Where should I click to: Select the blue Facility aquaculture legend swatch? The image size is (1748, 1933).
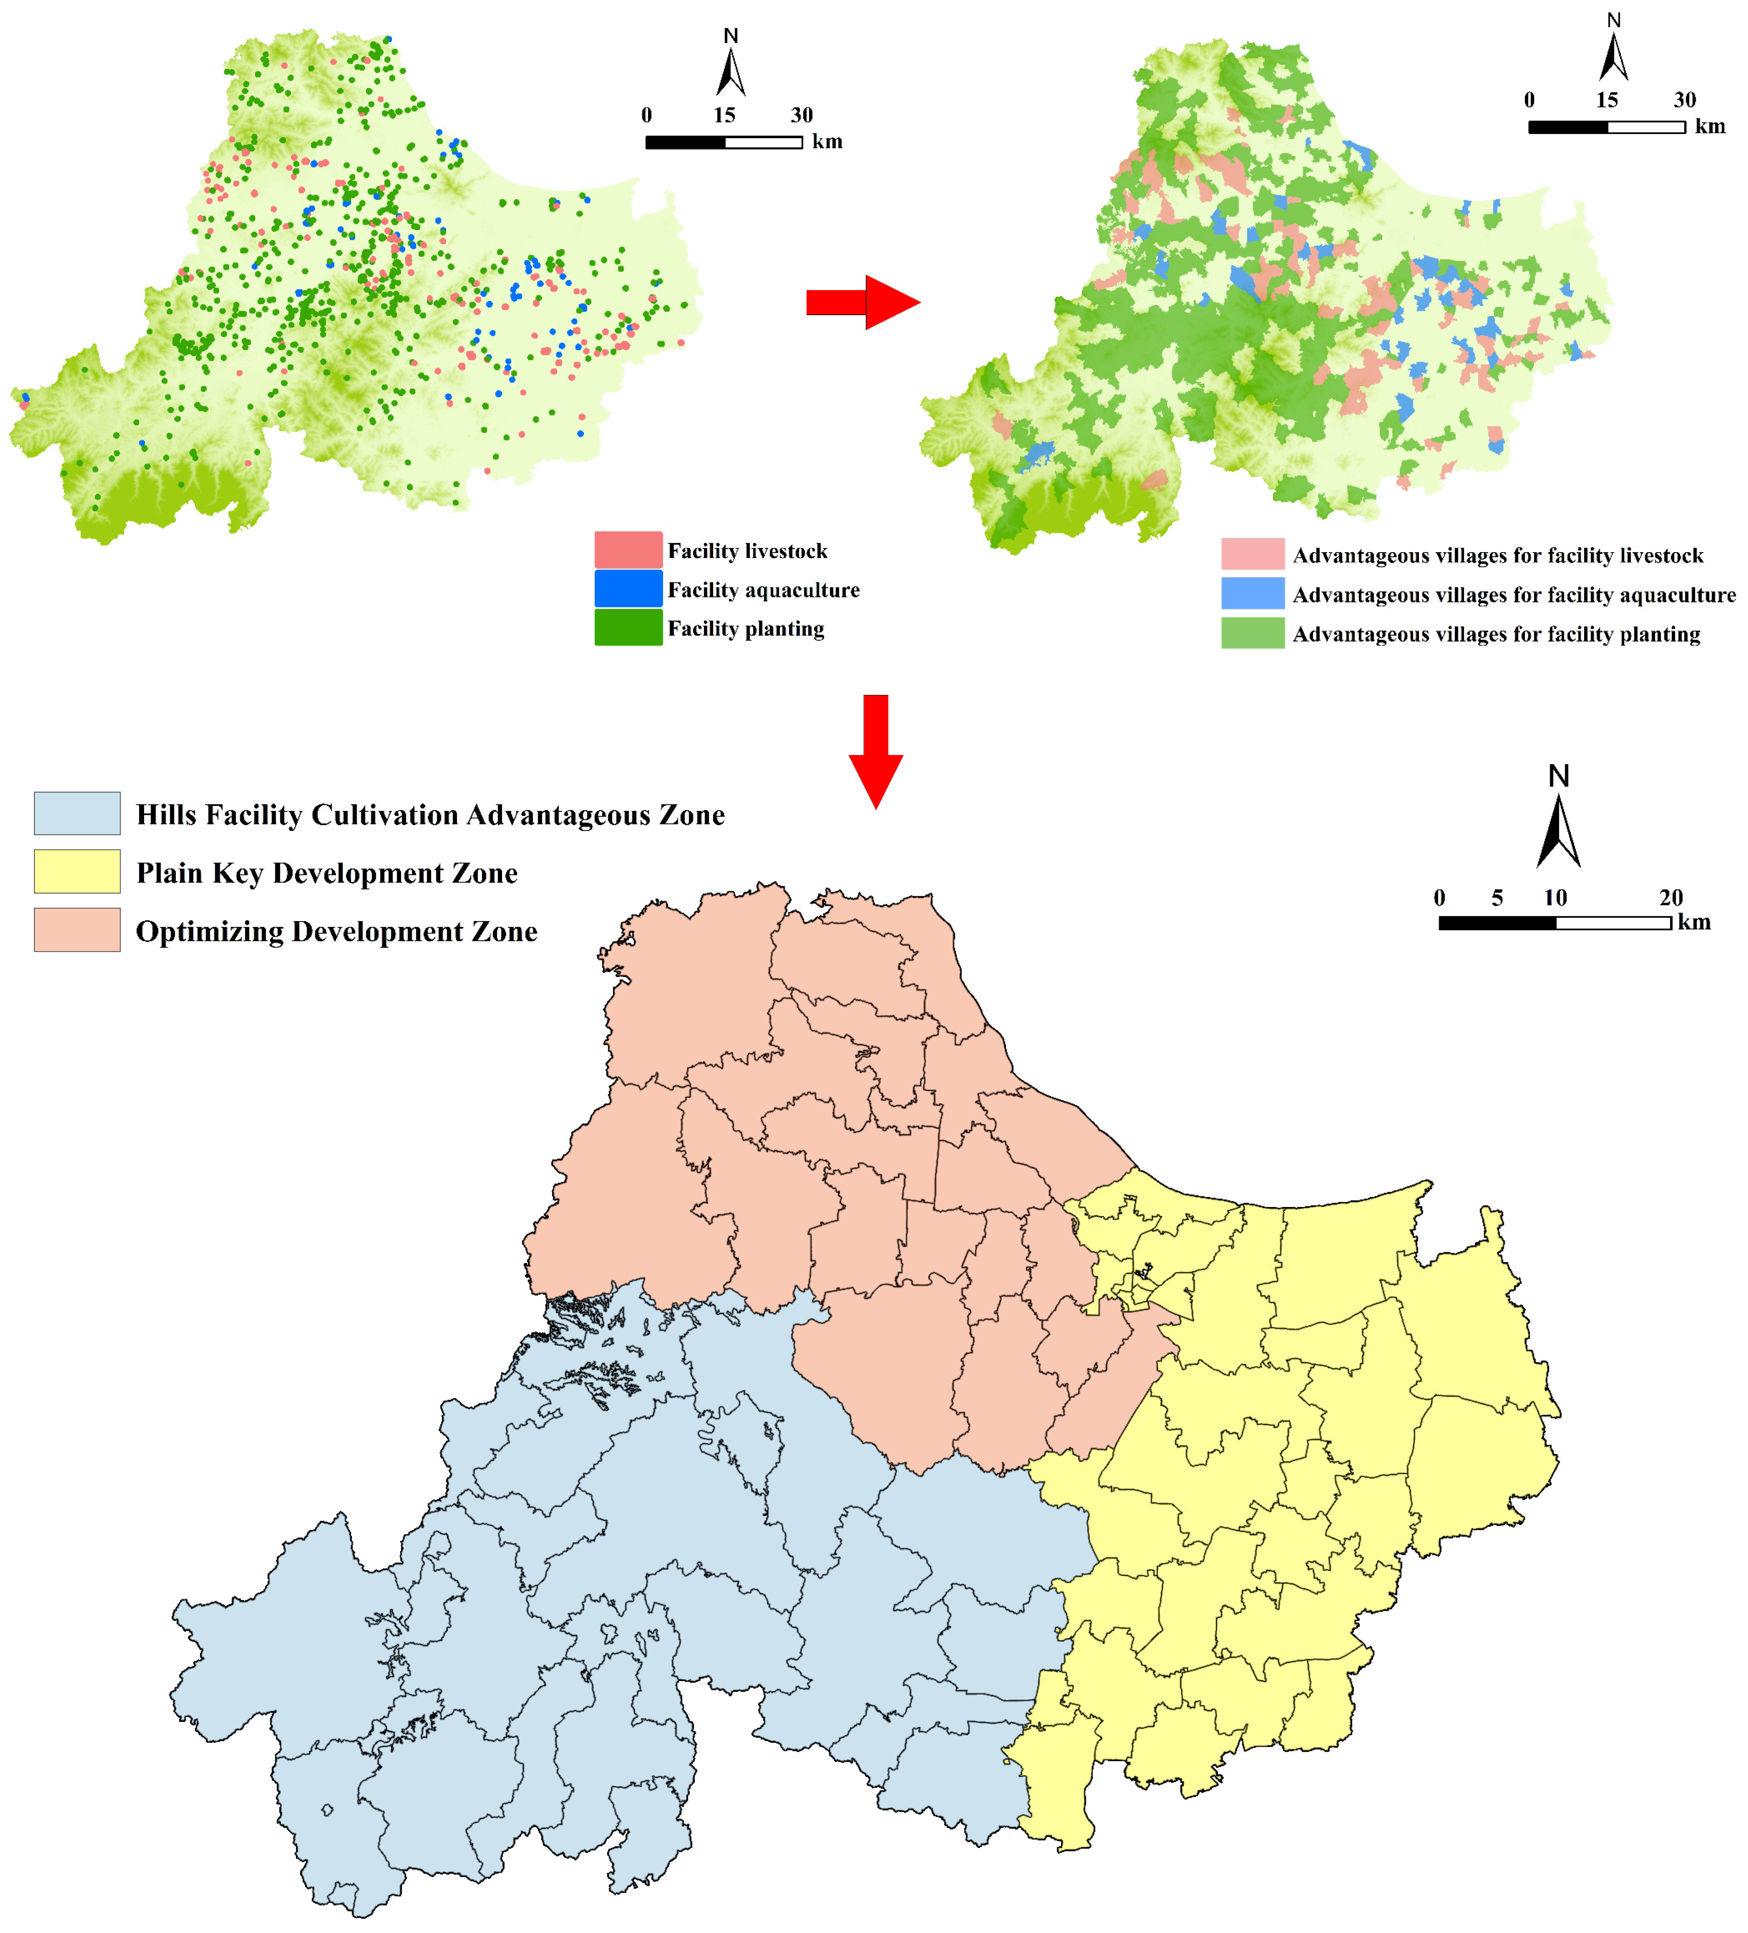pyautogui.click(x=628, y=589)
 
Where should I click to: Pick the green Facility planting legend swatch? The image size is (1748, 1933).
pyautogui.click(x=628, y=628)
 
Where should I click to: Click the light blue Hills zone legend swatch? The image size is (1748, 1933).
pyautogui.click(x=77, y=813)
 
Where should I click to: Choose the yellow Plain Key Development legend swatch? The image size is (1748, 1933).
pyautogui.click(x=77, y=872)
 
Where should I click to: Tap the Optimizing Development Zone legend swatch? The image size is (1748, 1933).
pyautogui.click(x=77, y=930)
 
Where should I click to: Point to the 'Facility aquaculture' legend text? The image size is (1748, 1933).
pyautogui.click(x=763, y=590)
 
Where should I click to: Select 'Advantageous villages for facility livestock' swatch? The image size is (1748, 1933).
pyautogui.click(x=1252, y=554)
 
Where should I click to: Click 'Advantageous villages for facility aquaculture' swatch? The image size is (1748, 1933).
pyautogui.click(x=1252, y=593)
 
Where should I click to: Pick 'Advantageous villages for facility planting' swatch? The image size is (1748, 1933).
pyautogui.click(x=1252, y=633)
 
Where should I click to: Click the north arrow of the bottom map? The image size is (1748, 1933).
pyautogui.click(x=1558, y=825)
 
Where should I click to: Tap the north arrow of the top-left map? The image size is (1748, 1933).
pyautogui.click(x=731, y=67)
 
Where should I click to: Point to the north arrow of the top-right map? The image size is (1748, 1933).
pyautogui.click(x=1614, y=53)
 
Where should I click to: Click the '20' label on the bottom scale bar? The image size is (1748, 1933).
pyautogui.click(x=1671, y=898)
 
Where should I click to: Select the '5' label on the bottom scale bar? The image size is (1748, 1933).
pyautogui.click(x=1497, y=898)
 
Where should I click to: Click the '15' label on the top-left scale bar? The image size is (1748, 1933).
pyautogui.click(x=724, y=115)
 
